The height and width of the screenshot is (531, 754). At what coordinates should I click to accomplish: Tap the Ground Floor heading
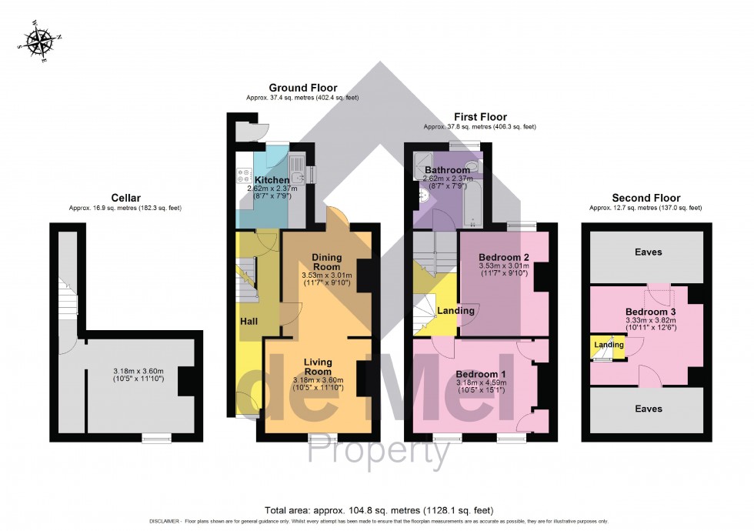click(302, 88)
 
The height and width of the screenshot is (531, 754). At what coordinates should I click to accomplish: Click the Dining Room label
click(326, 262)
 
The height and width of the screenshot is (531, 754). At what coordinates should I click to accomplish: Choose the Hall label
click(248, 321)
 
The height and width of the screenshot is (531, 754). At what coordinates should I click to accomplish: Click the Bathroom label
click(447, 170)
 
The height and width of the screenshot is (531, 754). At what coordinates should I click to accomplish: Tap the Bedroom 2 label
click(503, 257)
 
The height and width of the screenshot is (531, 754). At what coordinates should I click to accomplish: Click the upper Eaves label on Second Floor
click(648, 252)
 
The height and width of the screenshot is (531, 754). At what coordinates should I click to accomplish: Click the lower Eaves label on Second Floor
click(648, 409)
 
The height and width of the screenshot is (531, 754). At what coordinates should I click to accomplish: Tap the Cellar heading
click(125, 198)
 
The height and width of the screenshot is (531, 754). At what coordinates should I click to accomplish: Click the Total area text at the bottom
click(379, 510)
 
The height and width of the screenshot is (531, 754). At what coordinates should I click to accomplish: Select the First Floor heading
click(479, 117)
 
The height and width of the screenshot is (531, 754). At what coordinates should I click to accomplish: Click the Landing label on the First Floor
click(455, 311)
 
